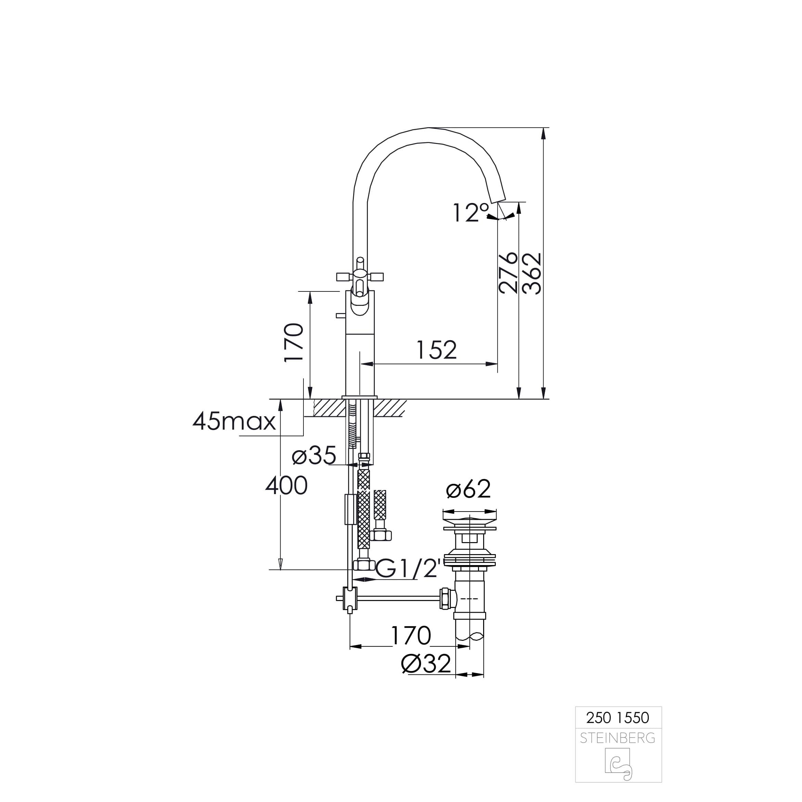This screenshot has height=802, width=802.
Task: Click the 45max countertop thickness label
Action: click(x=234, y=421)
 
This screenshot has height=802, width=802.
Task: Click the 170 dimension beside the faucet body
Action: click(x=294, y=343)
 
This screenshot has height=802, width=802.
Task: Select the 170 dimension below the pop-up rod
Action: click(x=411, y=635)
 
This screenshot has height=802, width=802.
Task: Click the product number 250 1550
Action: click(x=617, y=718)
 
